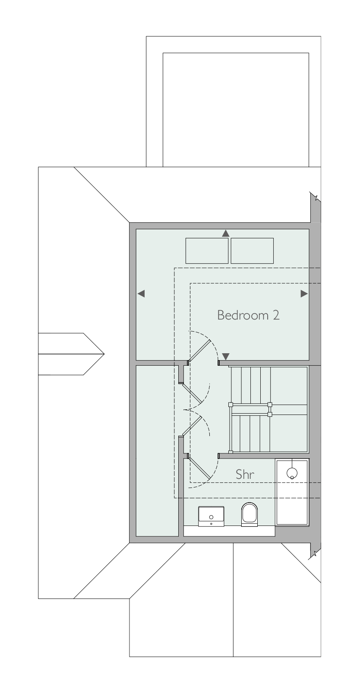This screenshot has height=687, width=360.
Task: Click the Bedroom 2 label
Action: click(x=248, y=315)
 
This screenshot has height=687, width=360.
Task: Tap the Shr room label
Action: click(x=245, y=475)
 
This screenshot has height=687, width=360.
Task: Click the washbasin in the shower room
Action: click(x=211, y=516)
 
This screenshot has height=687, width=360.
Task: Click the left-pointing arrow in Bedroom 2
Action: click(x=141, y=294)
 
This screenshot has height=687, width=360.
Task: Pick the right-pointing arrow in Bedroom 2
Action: click(x=304, y=294)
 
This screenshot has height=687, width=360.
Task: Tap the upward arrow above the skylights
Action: click(x=226, y=233)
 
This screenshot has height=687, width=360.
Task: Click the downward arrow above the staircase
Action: click(x=226, y=357)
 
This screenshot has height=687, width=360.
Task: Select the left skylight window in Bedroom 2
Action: click(x=207, y=250)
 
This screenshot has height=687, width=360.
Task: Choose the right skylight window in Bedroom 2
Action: click(x=252, y=250)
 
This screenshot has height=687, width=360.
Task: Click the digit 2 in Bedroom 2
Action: click(x=276, y=315)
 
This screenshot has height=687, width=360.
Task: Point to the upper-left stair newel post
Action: click(x=231, y=405)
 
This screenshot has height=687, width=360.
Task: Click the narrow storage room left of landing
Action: click(x=157, y=451)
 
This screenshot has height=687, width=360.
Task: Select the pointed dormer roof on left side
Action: click(x=71, y=354)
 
